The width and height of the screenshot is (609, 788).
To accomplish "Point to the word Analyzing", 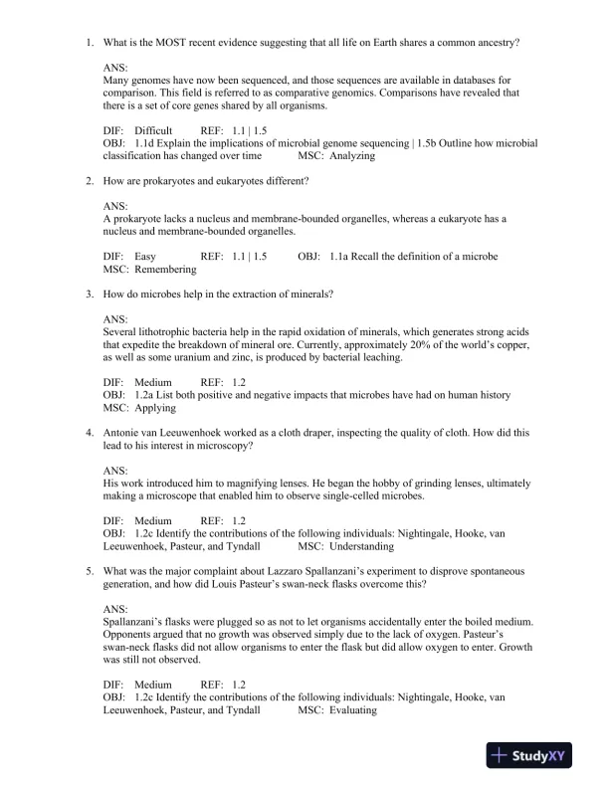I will (x=353, y=155).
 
